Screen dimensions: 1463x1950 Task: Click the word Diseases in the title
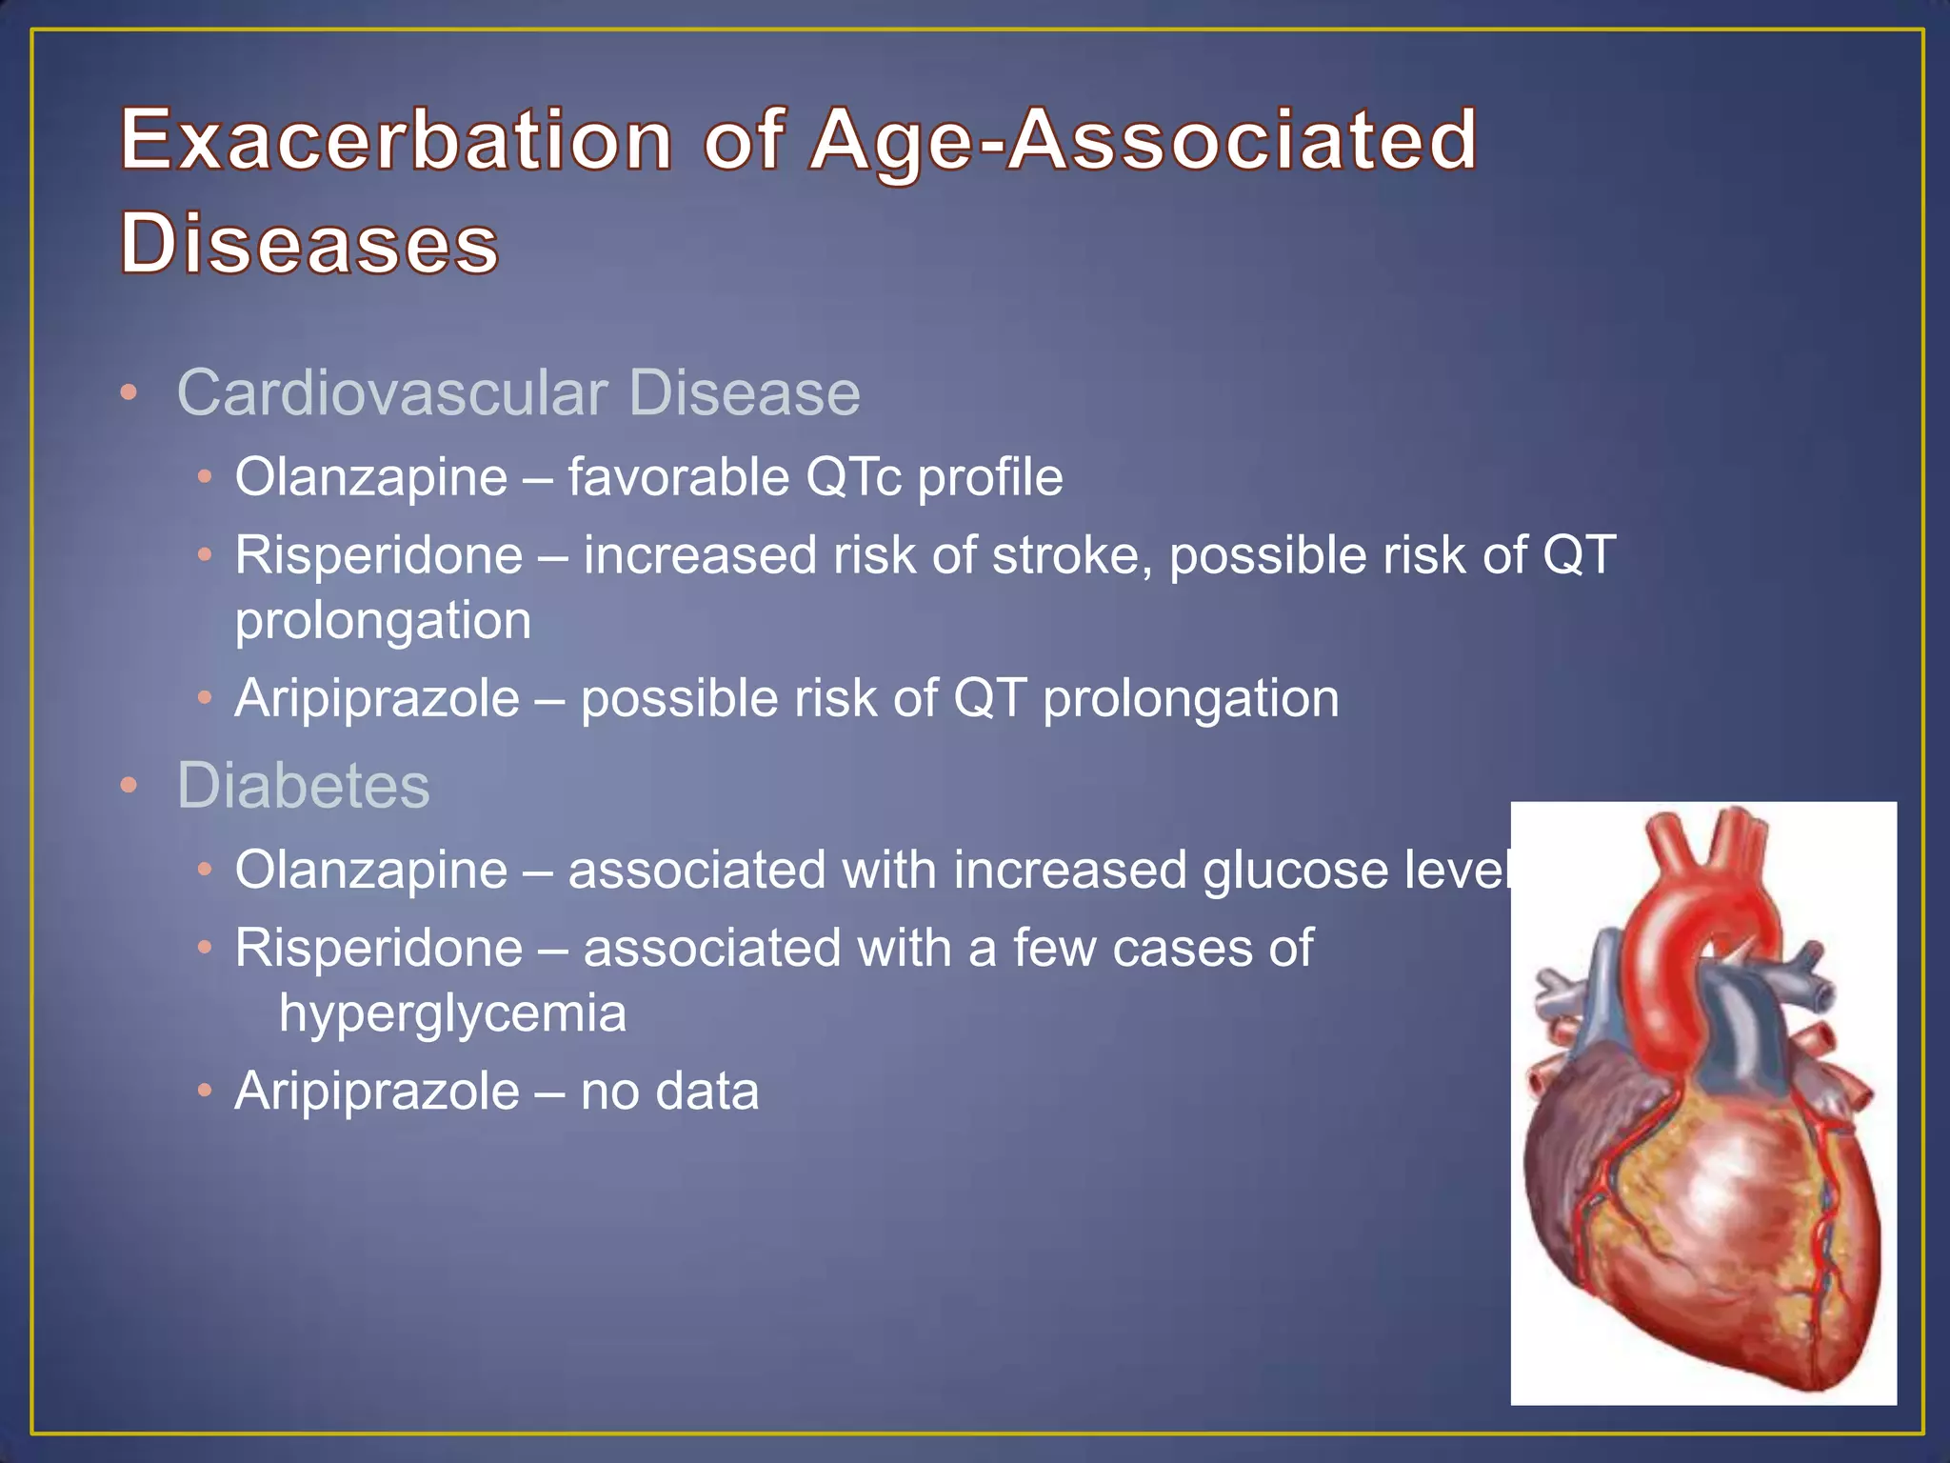pyautogui.click(x=309, y=243)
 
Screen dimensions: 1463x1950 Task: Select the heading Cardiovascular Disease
pyautogui.click(x=518, y=392)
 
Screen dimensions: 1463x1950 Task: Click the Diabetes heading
pyautogui.click(x=303, y=786)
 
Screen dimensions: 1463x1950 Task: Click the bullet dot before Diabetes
pyautogui.click(x=129, y=786)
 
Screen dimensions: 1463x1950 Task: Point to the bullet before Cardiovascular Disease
pyautogui.click(x=129, y=392)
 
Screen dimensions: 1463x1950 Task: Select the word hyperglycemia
pyautogui.click(x=452, y=1012)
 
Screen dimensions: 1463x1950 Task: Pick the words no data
pyautogui.click(x=669, y=1091)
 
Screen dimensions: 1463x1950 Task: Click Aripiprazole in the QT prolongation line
pyautogui.click(x=377, y=699)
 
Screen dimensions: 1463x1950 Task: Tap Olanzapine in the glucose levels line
pyautogui.click(x=371, y=871)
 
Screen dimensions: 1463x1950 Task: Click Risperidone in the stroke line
pyautogui.click(x=379, y=555)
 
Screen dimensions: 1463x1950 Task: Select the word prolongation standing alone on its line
pyautogui.click(x=383, y=621)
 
